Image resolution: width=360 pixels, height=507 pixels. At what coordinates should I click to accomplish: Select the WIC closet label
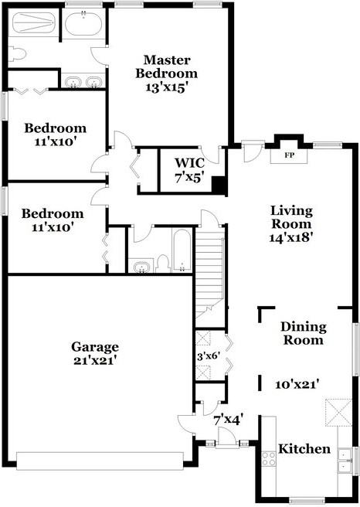pyautogui.click(x=188, y=162)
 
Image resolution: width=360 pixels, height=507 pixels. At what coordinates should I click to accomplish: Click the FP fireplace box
pyautogui.click(x=290, y=155)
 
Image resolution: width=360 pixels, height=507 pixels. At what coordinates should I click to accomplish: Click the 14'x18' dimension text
pyautogui.click(x=290, y=238)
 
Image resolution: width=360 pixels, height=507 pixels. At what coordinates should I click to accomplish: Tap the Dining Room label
pyautogui.click(x=303, y=333)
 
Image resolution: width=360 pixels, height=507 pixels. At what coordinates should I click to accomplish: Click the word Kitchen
pyautogui.click(x=304, y=449)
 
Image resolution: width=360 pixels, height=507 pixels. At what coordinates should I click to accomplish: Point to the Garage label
pyautogui.click(x=95, y=346)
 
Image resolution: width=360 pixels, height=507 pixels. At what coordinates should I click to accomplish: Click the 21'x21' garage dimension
pyautogui.click(x=95, y=360)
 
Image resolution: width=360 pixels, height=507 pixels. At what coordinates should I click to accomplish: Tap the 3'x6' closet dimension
pyautogui.click(x=209, y=356)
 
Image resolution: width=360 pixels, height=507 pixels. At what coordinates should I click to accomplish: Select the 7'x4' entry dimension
pyautogui.click(x=229, y=420)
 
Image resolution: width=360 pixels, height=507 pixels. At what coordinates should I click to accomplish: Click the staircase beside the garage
pyautogui.click(x=209, y=271)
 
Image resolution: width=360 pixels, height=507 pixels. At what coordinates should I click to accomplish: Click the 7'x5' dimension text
pyautogui.click(x=188, y=178)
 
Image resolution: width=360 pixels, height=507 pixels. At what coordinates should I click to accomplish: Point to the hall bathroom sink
pyautogui.click(x=141, y=267)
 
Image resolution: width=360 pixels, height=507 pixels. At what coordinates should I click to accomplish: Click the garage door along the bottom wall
pyautogui.click(x=100, y=461)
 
